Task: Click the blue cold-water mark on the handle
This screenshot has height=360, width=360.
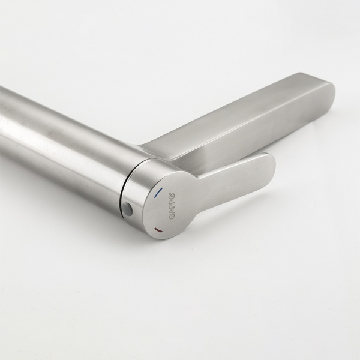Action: tap(158, 193)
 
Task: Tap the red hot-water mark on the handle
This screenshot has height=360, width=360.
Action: tap(158, 230)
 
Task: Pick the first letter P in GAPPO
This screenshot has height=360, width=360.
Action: tap(173, 206)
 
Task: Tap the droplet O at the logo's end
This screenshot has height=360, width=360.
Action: tap(173, 197)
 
